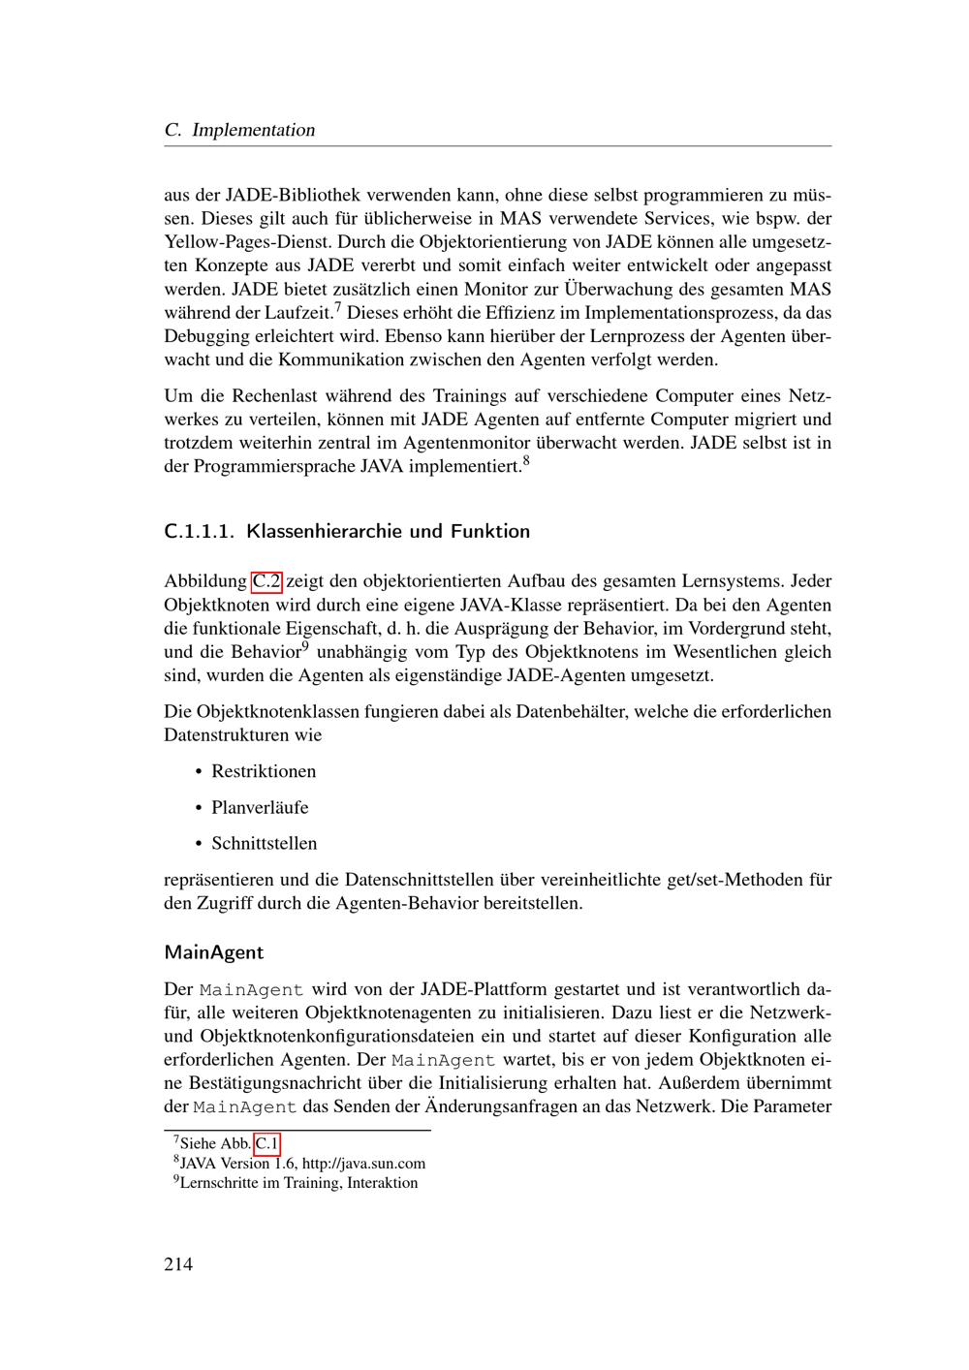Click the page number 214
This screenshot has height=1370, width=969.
(178, 1263)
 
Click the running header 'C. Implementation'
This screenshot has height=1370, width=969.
(239, 130)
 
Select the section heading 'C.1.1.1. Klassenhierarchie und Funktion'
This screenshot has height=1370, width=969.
(347, 531)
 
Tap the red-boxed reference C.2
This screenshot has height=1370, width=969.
(266, 581)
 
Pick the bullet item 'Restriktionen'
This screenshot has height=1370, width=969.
(264, 771)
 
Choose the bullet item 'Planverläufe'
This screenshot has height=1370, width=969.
(260, 807)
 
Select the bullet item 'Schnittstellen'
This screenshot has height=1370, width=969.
(265, 843)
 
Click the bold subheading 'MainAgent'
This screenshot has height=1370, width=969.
(214, 952)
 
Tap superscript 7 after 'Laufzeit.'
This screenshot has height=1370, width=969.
(337, 308)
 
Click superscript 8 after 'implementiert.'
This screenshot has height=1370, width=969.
(525, 461)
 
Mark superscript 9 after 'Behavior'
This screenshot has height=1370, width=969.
(304, 646)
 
